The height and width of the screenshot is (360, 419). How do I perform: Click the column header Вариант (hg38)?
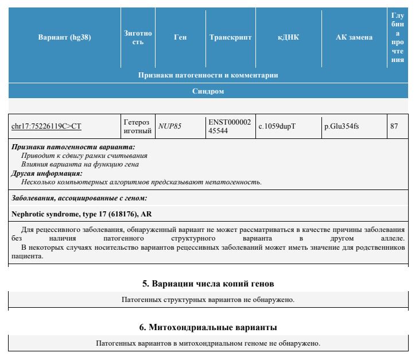coord(64,38)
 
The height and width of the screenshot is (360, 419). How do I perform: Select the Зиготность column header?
coord(138,38)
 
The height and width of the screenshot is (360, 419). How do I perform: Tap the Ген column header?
coord(180,38)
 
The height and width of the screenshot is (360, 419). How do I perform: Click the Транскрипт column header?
coord(230,38)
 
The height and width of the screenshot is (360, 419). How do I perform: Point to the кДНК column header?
coord(288,38)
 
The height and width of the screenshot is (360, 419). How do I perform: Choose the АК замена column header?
coord(354,38)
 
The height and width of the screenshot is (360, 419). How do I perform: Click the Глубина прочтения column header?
coord(397,38)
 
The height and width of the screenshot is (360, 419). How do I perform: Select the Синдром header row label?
coord(208,91)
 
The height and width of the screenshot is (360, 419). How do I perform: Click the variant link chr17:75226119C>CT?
coord(46,126)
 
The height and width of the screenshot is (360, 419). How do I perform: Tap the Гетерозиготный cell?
coord(137,127)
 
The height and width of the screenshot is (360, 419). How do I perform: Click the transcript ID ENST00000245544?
coord(229,127)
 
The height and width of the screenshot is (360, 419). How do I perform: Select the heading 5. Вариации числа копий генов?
coord(208,284)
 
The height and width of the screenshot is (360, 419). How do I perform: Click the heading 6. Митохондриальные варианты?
coord(208,327)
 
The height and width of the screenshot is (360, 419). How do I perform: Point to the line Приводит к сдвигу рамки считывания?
coord(84,156)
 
